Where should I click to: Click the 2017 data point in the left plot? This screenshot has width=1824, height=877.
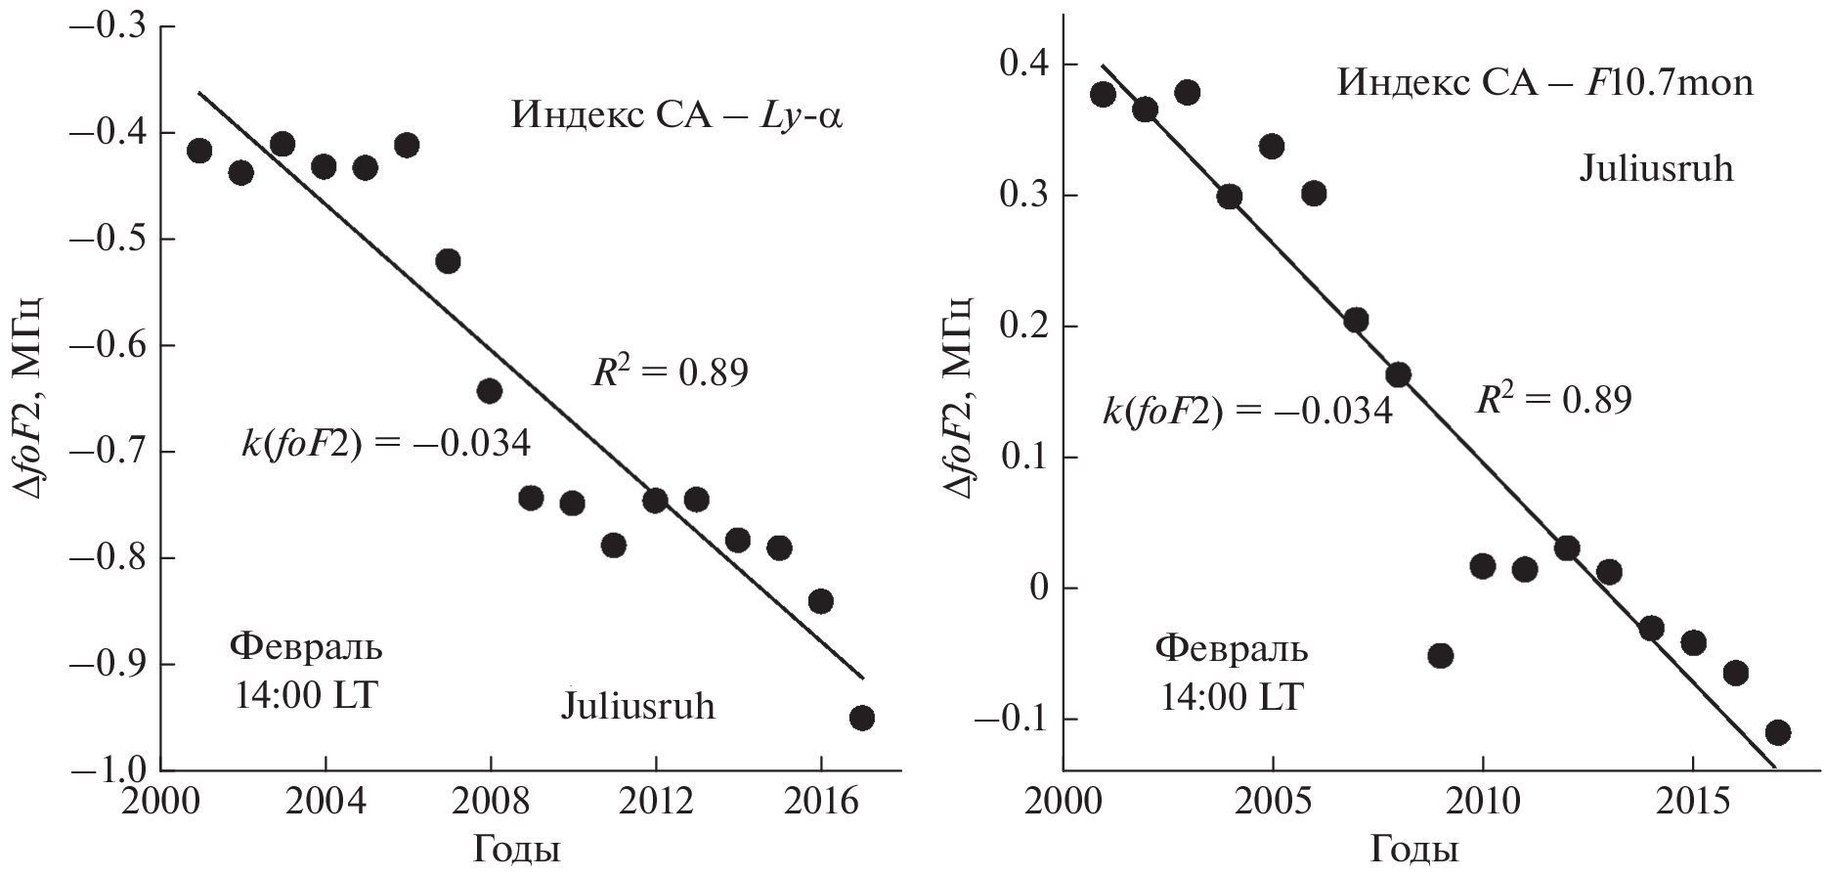coord(861,718)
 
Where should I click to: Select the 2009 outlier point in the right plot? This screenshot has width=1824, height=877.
coord(1440,655)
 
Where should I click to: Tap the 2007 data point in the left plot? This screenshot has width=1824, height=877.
coord(448,261)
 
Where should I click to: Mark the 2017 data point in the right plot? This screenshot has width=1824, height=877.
coord(1778,732)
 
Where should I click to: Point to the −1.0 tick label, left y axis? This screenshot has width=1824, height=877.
coord(106,770)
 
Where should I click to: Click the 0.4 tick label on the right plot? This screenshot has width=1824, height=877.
coord(1021,66)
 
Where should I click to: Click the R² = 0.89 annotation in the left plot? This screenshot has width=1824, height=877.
coord(670,373)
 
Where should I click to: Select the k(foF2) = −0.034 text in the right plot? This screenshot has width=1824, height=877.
coord(1247,411)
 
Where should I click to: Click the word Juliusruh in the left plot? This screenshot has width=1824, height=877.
coord(637,705)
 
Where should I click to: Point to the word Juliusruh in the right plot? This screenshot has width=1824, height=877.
coord(1656,169)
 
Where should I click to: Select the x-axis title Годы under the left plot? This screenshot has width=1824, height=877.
coord(516,850)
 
